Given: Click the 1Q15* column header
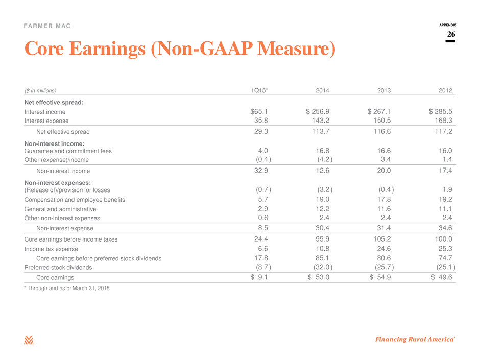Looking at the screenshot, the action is click(x=259, y=90).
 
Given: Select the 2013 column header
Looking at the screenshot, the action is click(x=384, y=90).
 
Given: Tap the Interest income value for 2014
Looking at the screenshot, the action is click(x=318, y=112).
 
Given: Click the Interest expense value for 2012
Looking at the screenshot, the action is click(x=443, y=121).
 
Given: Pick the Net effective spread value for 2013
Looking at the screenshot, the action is click(x=382, y=132).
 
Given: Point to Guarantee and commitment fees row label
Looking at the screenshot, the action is click(x=68, y=151).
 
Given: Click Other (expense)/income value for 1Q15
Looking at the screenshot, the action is click(x=263, y=159).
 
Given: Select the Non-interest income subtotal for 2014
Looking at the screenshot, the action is click(x=323, y=171).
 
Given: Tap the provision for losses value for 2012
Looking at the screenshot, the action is click(x=447, y=190).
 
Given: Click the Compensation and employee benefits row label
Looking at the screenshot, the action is click(x=75, y=200).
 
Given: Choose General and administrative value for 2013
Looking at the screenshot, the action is click(x=384, y=209).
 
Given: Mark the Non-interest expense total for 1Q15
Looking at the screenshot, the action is click(x=263, y=228).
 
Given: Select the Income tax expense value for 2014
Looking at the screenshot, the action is click(x=323, y=249).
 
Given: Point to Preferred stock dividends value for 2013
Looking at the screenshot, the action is click(x=384, y=267).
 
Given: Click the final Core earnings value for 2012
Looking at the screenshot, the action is click(x=441, y=277).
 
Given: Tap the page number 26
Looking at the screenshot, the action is click(x=451, y=34).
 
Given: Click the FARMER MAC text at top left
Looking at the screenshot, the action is click(x=47, y=26).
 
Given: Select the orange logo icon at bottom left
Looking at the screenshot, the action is click(x=29, y=340).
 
